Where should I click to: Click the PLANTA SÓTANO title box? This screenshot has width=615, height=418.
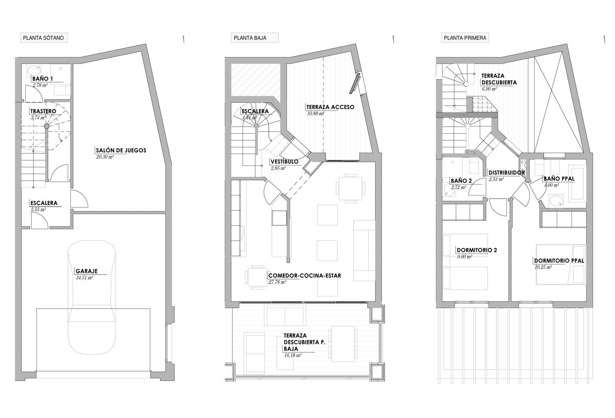click(44, 38)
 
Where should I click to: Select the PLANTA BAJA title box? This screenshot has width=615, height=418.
click(255, 38)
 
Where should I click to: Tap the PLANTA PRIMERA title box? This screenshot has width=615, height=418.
click(465, 38)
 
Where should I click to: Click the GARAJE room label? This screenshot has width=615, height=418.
click(87, 271)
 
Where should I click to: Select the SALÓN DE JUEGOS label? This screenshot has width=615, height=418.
click(121, 150)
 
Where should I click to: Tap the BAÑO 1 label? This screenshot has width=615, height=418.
click(43, 79)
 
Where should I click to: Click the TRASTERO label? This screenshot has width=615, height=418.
click(43, 111)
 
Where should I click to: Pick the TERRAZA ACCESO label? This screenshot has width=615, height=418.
click(330, 107)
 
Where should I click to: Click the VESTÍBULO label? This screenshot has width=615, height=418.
click(284, 162)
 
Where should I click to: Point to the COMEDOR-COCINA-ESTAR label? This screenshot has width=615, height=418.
click(305, 276)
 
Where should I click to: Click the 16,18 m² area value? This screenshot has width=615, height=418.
click(293, 355)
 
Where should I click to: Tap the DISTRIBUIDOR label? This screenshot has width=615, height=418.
click(507, 173)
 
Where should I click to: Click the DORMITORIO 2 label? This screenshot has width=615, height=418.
click(477, 250)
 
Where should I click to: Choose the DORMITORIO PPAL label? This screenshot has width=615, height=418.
click(559, 261)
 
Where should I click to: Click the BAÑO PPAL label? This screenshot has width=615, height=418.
click(559, 179)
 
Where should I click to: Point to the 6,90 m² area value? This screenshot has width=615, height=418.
click(489, 89)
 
